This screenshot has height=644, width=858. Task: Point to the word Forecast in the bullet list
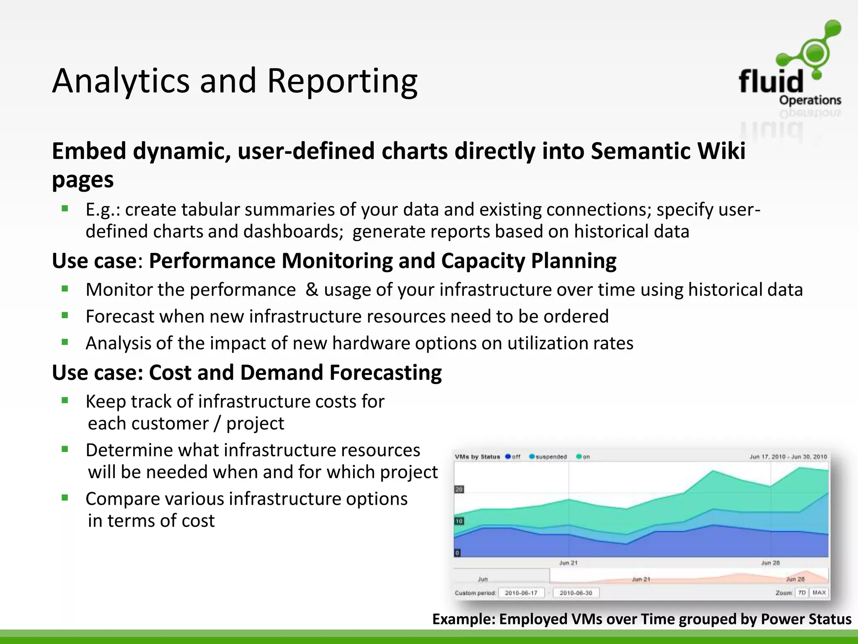point(120,316)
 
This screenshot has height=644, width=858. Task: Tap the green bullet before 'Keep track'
point(65,400)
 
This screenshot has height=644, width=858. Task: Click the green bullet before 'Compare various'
point(65,498)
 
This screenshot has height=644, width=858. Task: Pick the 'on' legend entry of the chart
point(583,457)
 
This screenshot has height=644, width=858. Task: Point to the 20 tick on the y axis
point(459,489)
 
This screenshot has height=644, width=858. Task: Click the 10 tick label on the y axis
point(459,521)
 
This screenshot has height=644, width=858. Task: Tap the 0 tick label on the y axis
point(457,553)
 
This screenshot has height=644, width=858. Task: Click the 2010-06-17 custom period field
point(521,593)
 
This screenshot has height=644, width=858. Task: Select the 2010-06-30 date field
point(576,593)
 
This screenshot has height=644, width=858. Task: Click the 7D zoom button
point(802,593)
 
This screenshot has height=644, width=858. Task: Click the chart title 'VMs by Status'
point(477,457)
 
